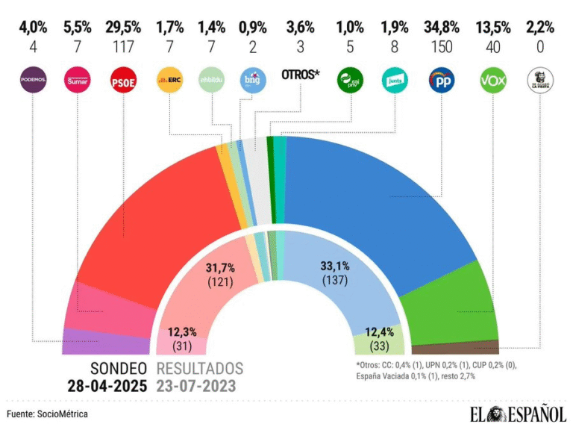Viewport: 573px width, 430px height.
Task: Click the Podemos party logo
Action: (33, 79)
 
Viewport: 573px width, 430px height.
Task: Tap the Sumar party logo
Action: (77, 79)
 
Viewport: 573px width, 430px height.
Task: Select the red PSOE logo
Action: (122, 79)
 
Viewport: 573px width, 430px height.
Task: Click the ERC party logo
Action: (169, 79)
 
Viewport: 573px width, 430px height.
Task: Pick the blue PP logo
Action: (442, 79)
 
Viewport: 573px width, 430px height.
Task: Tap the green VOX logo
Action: (490, 79)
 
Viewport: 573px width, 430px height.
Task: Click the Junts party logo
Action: (394, 79)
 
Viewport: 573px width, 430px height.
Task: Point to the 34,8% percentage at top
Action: (442, 28)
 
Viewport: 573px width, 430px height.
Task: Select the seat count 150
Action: (442, 46)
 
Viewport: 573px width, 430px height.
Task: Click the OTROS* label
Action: (300, 75)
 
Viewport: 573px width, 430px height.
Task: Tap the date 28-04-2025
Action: (106, 385)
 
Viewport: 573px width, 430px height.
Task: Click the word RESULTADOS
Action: (200, 368)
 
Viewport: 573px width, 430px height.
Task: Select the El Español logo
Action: (518, 413)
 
